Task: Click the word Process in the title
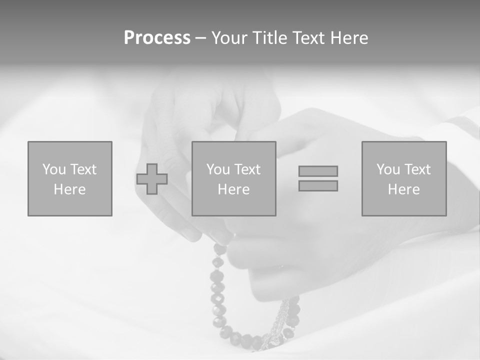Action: [157, 38]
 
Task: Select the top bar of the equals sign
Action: [318, 171]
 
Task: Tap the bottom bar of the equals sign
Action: [318, 185]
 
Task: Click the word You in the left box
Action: [54, 169]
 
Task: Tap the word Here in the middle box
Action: [233, 189]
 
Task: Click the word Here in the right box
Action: [403, 189]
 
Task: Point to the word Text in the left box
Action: [83, 169]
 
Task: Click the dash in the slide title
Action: [200, 38]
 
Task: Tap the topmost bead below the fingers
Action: [219, 248]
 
